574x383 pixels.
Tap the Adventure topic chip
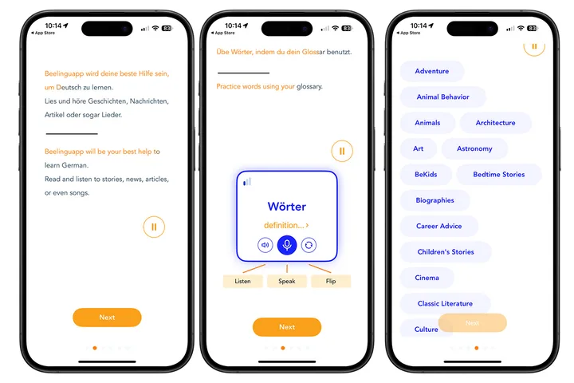point(432,71)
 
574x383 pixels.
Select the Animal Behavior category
point(442,97)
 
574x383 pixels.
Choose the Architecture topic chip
point(495,123)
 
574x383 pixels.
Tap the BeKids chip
point(426,175)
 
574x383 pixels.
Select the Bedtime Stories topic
point(498,175)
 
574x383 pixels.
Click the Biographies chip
point(434,200)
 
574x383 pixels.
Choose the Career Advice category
point(438,227)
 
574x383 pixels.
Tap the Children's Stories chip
point(446,252)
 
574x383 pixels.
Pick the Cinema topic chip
point(427,278)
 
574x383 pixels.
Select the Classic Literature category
point(445,304)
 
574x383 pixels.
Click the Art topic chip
point(419,148)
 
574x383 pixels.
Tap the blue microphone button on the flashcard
point(287,245)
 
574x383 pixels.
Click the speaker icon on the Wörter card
point(265,245)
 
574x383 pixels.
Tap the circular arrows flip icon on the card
point(309,245)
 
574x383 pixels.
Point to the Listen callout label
point(242,282)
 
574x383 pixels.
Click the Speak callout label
point(287,282)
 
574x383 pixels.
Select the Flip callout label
point(330,282)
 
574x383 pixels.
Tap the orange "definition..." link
point(286,226)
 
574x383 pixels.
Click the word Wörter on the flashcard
point(287,207)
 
